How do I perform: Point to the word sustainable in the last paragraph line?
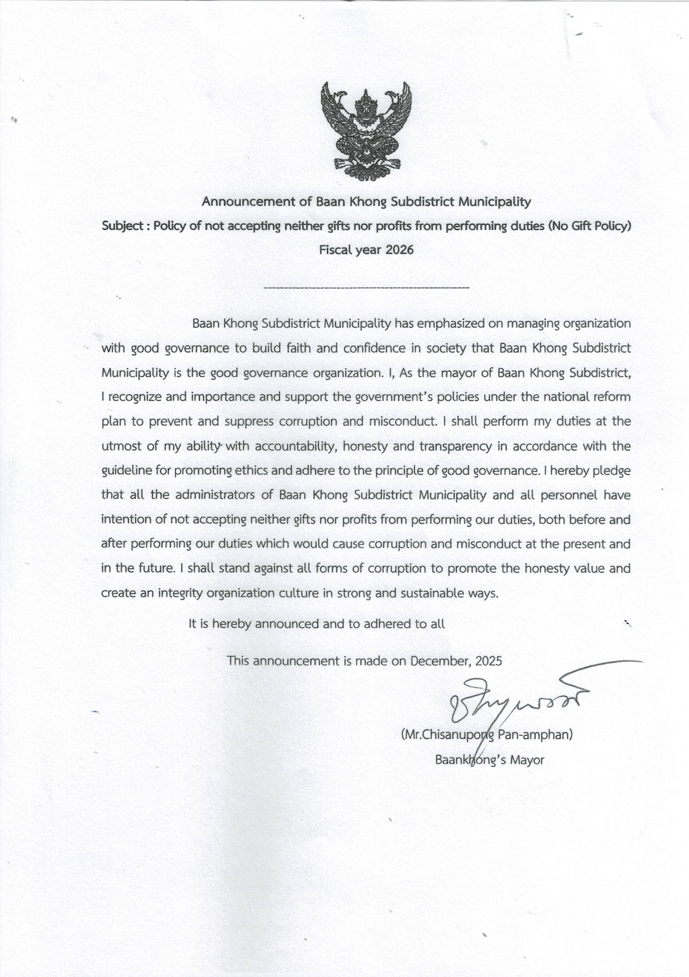(x=431, y=593)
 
